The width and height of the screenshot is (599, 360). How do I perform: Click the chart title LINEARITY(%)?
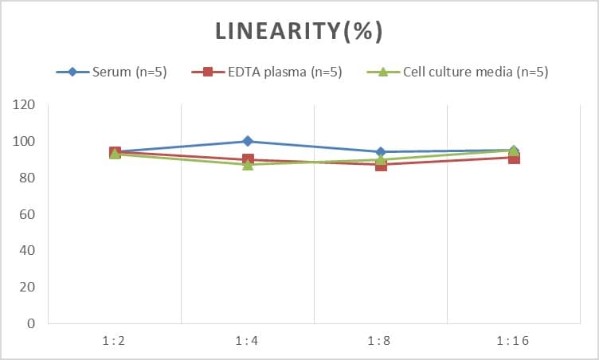pyautogui.click(x=299, y=31)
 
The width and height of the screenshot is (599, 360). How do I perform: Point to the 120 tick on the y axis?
pyautogui.click(x=25, y=105)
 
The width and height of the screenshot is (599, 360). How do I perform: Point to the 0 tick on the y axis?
pyautogui.click(x=31, y=323)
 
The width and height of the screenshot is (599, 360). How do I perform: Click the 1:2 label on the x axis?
pyautogui.click(x=115, y=341)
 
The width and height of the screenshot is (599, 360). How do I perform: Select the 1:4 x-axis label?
pyautogui.click(x=248, y=341)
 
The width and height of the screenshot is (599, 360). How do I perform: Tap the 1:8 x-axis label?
pyautogui.click(x=381, y=341)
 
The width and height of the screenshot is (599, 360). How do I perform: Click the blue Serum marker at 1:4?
pyautogui.click(x=248, y=141)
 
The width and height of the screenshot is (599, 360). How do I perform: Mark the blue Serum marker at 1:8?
pyautogui.click(x=381, y=152)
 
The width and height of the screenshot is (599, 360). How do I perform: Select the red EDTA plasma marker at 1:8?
pyautogui.click(x=381, y=165)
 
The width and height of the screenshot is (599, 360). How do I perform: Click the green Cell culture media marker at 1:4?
pyautogui.click(x=248, y=164)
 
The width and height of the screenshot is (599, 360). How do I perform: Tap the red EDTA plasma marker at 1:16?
pyautogui.click(x=514, y=158)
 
